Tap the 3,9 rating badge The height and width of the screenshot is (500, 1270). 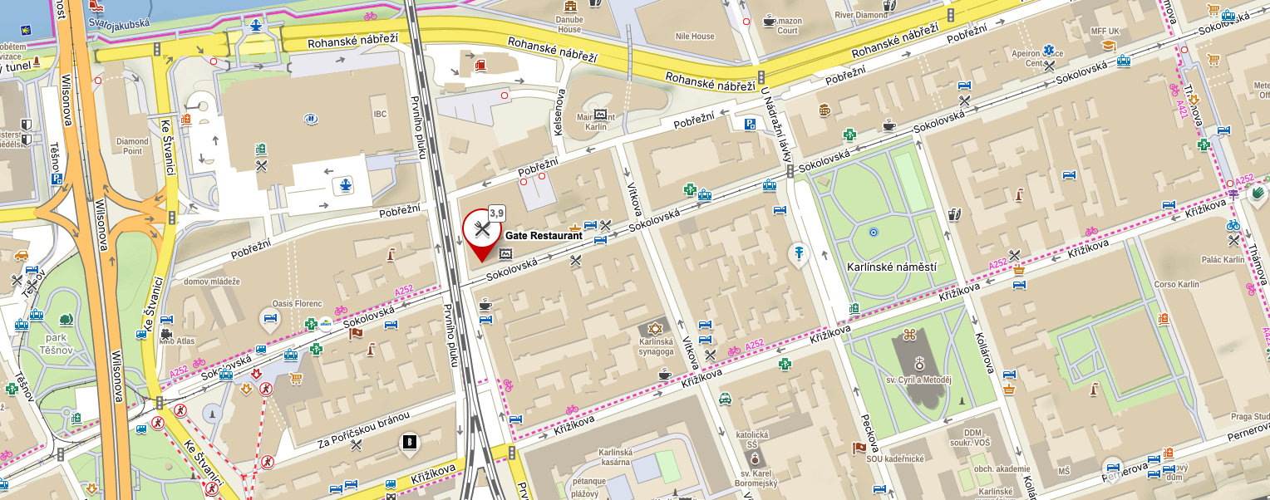pos(496,213)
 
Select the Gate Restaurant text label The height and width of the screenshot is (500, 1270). pos(544,237)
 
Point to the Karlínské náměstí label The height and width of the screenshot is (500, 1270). pos(891,267)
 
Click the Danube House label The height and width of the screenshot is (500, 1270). pos(569,24)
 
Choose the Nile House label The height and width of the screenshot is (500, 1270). pos(694,37)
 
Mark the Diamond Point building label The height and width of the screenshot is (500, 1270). pos(133,146)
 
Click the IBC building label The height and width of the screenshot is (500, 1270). pos(380,115)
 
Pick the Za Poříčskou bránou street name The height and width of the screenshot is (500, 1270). pos(364,430)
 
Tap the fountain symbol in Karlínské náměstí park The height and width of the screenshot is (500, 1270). pos(873,233)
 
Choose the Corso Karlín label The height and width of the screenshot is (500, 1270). pos(1177,284)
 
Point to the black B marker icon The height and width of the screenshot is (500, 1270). pos(409,443)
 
